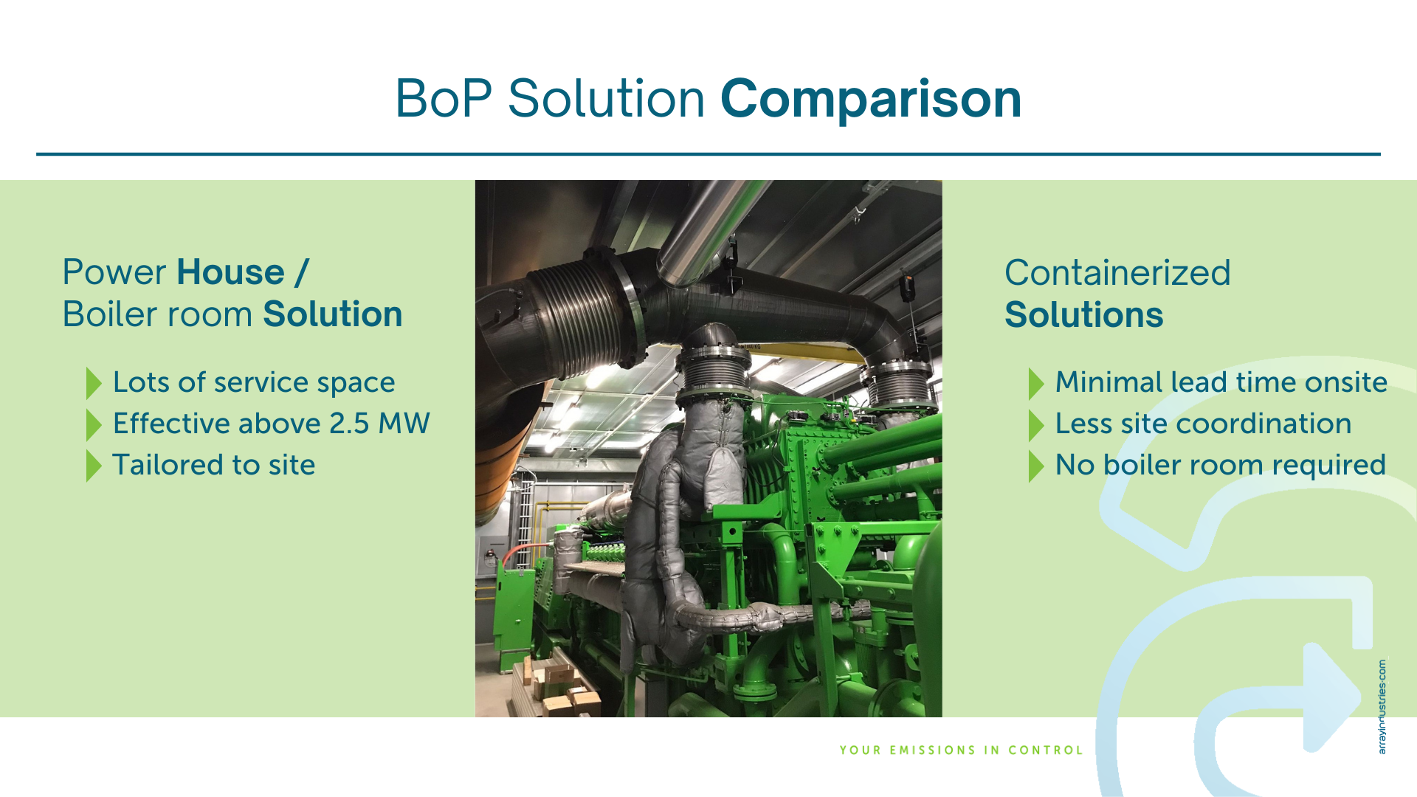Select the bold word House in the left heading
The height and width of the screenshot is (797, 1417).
tap(230, 272)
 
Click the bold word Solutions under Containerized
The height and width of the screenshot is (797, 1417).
tap(1083, 315)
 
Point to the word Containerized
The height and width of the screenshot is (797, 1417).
tap(1117, 273)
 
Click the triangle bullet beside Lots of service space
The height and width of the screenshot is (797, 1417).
tap(94, 383)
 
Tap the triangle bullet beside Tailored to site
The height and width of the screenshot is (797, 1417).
tap(94, 466)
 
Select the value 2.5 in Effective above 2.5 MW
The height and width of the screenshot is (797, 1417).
tap(349, 424)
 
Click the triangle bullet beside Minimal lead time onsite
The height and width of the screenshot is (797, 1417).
tap(1036, 383)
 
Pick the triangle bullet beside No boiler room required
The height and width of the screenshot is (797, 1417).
tap(1036, 466)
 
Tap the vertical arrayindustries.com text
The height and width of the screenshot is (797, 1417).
tap(1382, 706)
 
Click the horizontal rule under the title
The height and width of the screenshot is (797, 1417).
tap(708, 154)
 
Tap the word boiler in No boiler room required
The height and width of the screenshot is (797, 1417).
tap(1146, 465)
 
